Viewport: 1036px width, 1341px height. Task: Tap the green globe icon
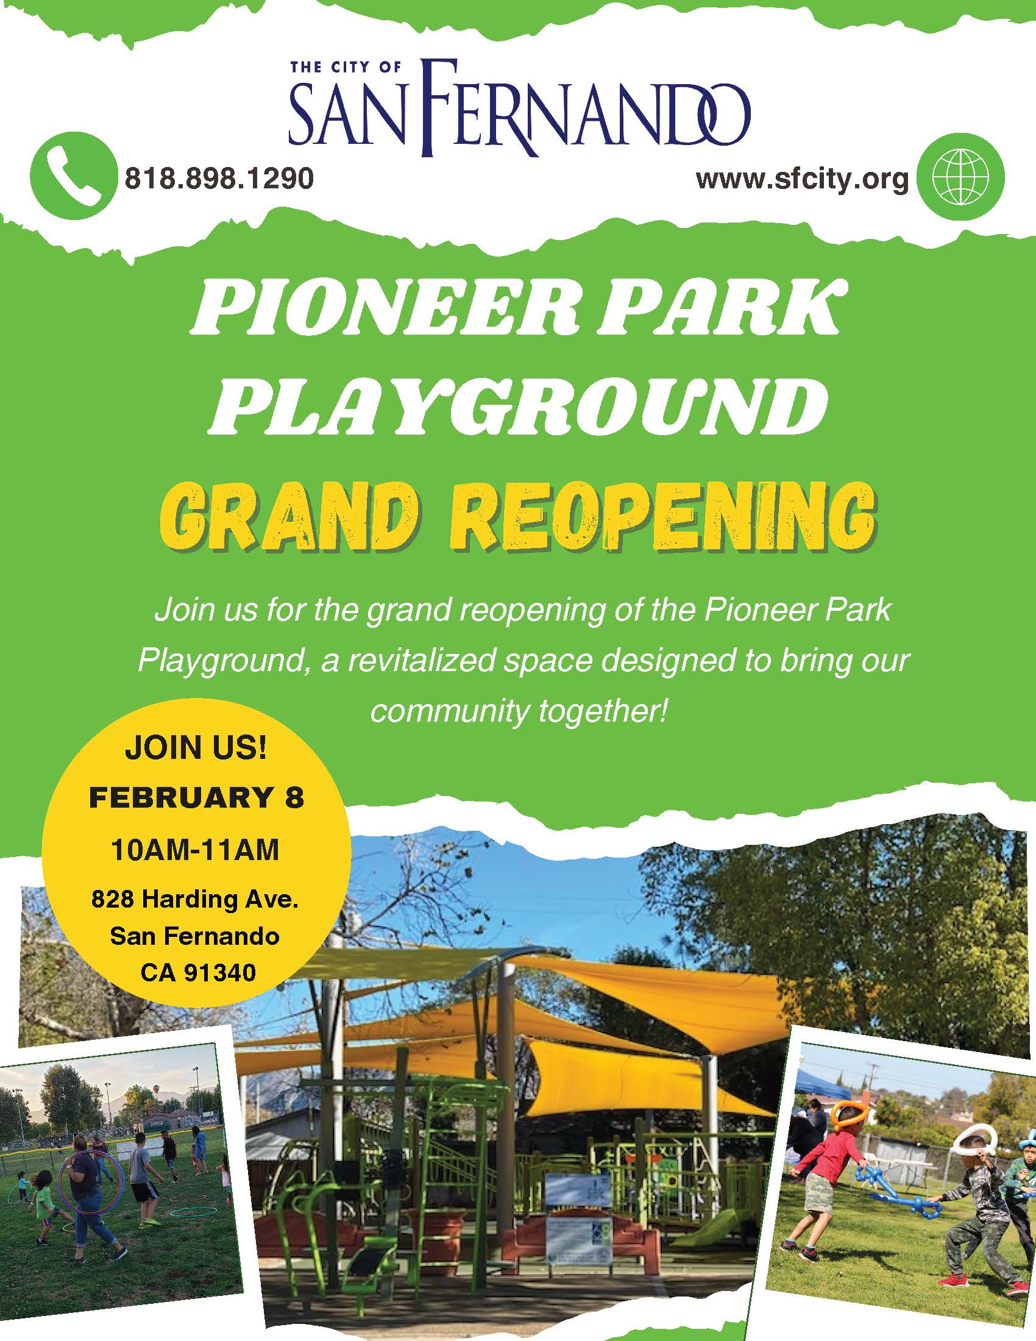tap(962, 177)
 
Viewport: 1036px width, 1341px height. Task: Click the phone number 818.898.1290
tap(220, 179)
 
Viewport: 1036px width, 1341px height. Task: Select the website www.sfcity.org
tap(802, 179)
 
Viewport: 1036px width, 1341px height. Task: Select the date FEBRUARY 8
tap(196, 799)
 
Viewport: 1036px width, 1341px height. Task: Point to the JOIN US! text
tap(196, 749)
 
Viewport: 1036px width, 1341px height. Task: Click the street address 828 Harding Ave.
tap(195, 900)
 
